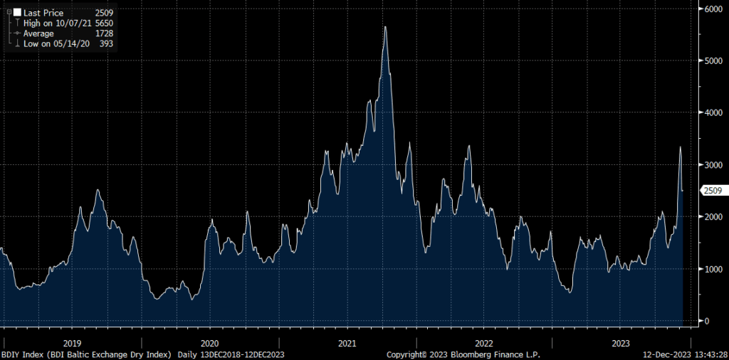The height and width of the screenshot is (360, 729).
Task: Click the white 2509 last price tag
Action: pyautogui.click(x=713, y=190)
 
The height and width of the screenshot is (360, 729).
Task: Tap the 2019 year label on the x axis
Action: pyautogui.click(x=73, y=343)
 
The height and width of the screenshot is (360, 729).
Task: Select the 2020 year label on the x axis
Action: pyautogui.click(x=209, y=343)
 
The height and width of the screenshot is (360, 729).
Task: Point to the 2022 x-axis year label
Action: pyautogui.click(x=484, y=343)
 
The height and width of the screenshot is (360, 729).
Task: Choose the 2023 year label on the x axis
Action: pyautogui.click(x=621, y=343)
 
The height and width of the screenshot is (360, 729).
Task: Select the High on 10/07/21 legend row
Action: pyautogui.click(x=64, y=23)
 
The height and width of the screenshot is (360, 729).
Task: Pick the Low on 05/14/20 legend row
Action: pyautogui.click(x=64, y=43)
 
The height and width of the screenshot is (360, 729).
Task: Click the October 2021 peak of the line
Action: pyautogui.click(x=385, y=27)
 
